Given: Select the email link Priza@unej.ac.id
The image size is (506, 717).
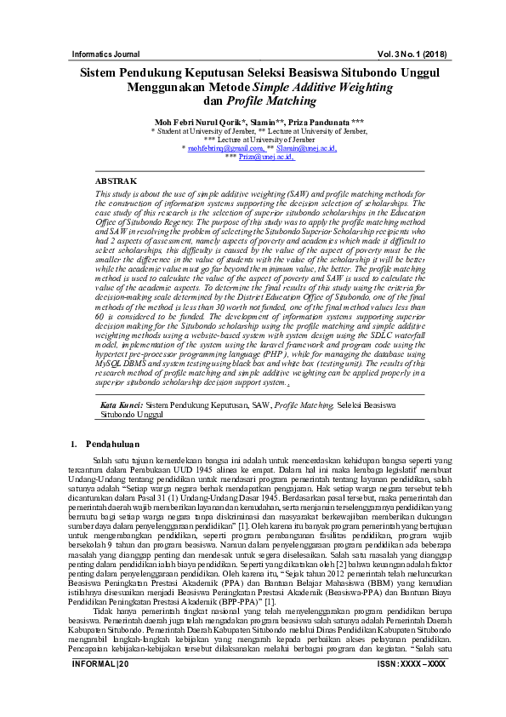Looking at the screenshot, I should point(265,157).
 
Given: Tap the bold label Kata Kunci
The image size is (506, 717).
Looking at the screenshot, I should point(122,406).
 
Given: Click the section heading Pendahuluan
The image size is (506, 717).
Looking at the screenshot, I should point(117,445).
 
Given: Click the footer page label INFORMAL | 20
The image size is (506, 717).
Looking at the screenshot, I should point(100,687).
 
